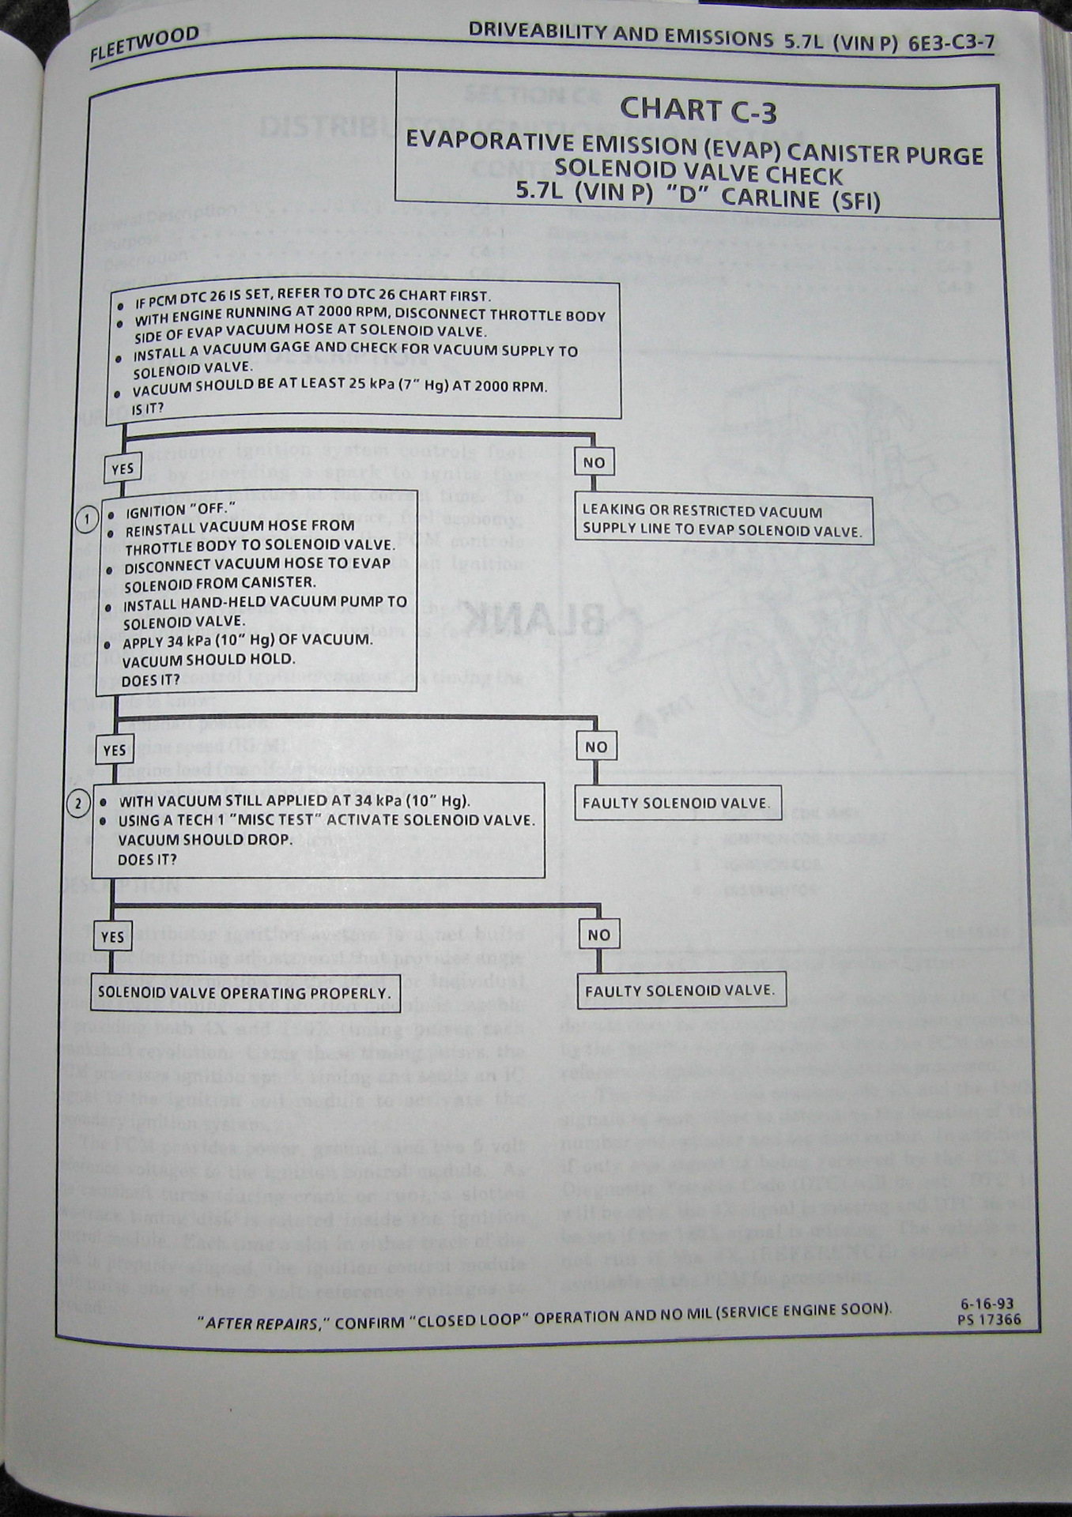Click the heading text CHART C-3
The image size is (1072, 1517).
(x=697, y=111)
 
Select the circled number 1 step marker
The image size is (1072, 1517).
(x=87, y=518)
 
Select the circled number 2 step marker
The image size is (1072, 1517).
(x=79, y=804)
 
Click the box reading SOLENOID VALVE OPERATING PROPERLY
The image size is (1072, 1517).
(x=243, y=993)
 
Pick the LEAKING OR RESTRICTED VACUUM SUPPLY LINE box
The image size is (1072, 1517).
(x=723, y=521)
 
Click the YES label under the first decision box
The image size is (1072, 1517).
(x=123, y=469)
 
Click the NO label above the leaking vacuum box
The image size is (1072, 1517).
(x=594, y=462)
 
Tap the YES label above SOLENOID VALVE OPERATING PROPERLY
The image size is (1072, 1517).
(x=112, y=937)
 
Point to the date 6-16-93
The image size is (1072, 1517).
(x=987, y=1304)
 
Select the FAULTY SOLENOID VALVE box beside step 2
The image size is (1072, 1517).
(x=676, y=804)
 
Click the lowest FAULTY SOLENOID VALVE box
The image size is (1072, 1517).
(x=680, y=991)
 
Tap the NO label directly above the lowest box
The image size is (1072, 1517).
(x=598, y=935)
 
